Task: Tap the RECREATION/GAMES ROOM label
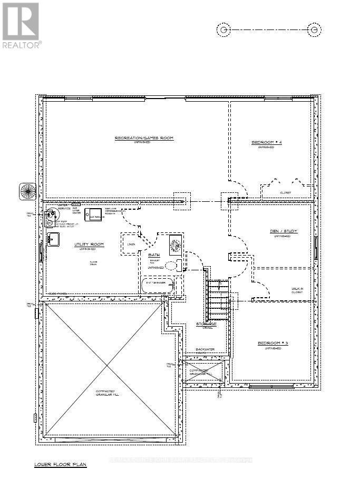click(x=144, y=138)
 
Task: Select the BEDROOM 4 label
click(x=266, y=143)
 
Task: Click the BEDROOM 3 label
click(x=269, y=344)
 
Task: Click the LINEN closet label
click(x=131, y=244)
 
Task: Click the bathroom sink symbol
click(x=175, y=244)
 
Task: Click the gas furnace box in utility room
click(x=95, y=216)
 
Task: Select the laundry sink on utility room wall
click(x=53, y=239)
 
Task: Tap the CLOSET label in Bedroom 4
click(x=286, y=193)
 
